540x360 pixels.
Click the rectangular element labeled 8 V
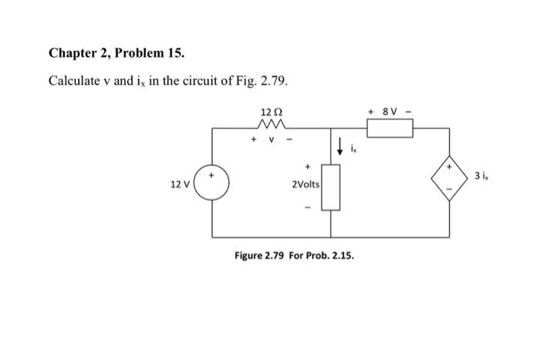click(390, 128)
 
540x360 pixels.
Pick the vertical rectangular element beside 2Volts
click(331, 187)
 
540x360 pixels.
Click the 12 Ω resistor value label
click(271, 113)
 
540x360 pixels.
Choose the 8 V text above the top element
click(390, 112)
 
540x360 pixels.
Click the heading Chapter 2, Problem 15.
click(116, 53)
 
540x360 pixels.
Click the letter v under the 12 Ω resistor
click(271, 141)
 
